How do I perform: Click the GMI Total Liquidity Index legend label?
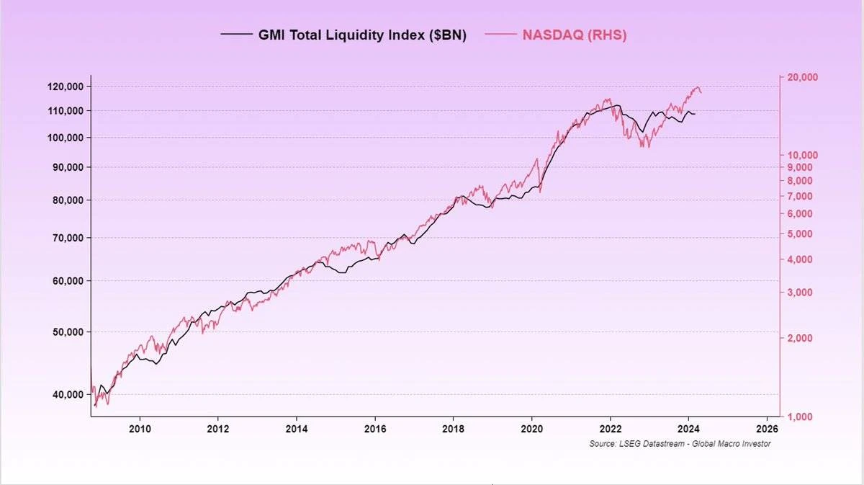tap(362, 35)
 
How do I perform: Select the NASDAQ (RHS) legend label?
tap(574, 35)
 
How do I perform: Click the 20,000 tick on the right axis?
tap(801, 78)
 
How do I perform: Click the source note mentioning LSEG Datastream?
tap(680, 444)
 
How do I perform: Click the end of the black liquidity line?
tap(695, 114)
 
